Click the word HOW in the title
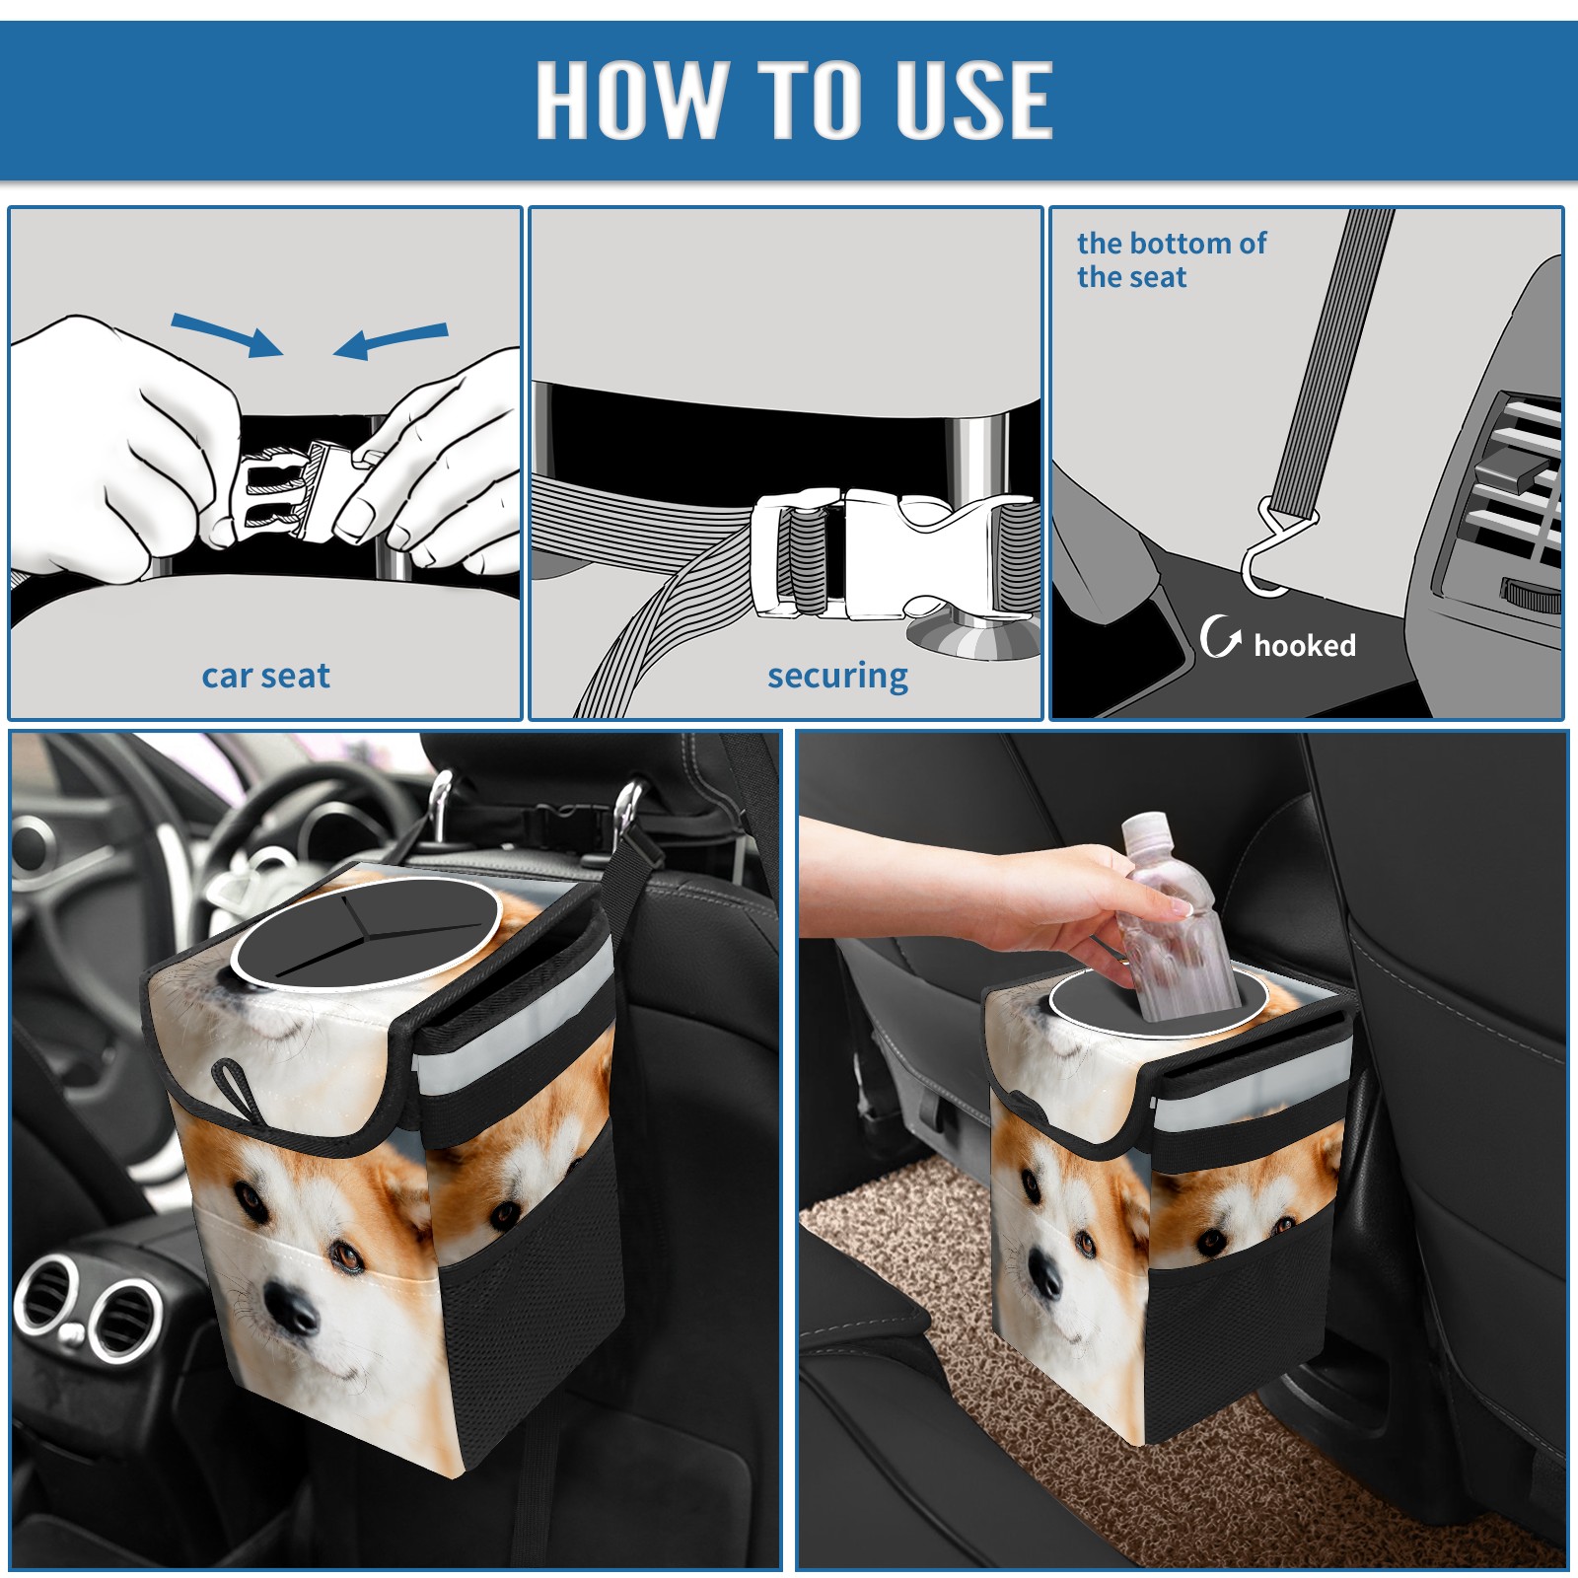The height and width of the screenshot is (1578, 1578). click(629, 99)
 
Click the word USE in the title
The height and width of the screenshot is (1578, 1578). click(973, 99)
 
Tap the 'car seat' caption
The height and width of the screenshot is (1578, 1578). click(265, 676)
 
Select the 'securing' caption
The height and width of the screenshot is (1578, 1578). click(837, 677)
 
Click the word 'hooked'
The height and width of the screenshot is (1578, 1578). click(1305, 645)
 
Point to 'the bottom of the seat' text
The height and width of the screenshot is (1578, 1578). click(1171, 259)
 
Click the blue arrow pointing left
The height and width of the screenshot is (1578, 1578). click(391, 340)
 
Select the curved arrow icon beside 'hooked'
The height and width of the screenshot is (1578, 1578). click(1219, 636)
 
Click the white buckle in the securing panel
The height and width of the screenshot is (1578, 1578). click(893, 554)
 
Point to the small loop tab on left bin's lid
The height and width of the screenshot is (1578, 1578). click(236, 1086)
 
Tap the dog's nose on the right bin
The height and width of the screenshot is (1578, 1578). click(1045, 1273)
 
